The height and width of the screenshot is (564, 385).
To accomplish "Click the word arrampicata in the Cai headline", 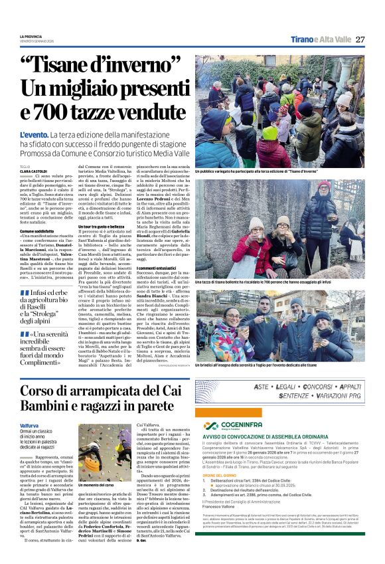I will click(100, 389).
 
